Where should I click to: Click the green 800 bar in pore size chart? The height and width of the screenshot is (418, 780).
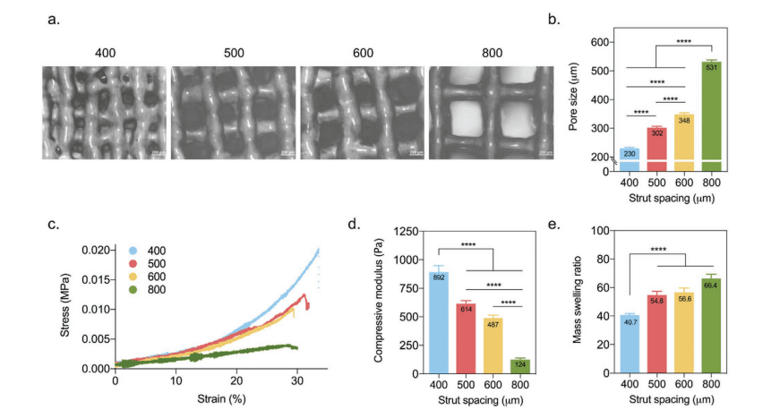tap(712, 116)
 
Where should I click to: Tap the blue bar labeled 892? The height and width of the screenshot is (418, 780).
tap(439, 322)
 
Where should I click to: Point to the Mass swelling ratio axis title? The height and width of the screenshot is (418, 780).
tap(579, 302)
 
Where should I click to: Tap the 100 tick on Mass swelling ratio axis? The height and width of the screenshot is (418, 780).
tap(598, 232)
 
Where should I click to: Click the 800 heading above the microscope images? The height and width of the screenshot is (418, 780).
tap(492, 53)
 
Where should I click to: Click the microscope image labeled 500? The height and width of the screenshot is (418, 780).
tap(234, 113)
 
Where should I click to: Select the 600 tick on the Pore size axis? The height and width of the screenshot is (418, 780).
tap(599, 42)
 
